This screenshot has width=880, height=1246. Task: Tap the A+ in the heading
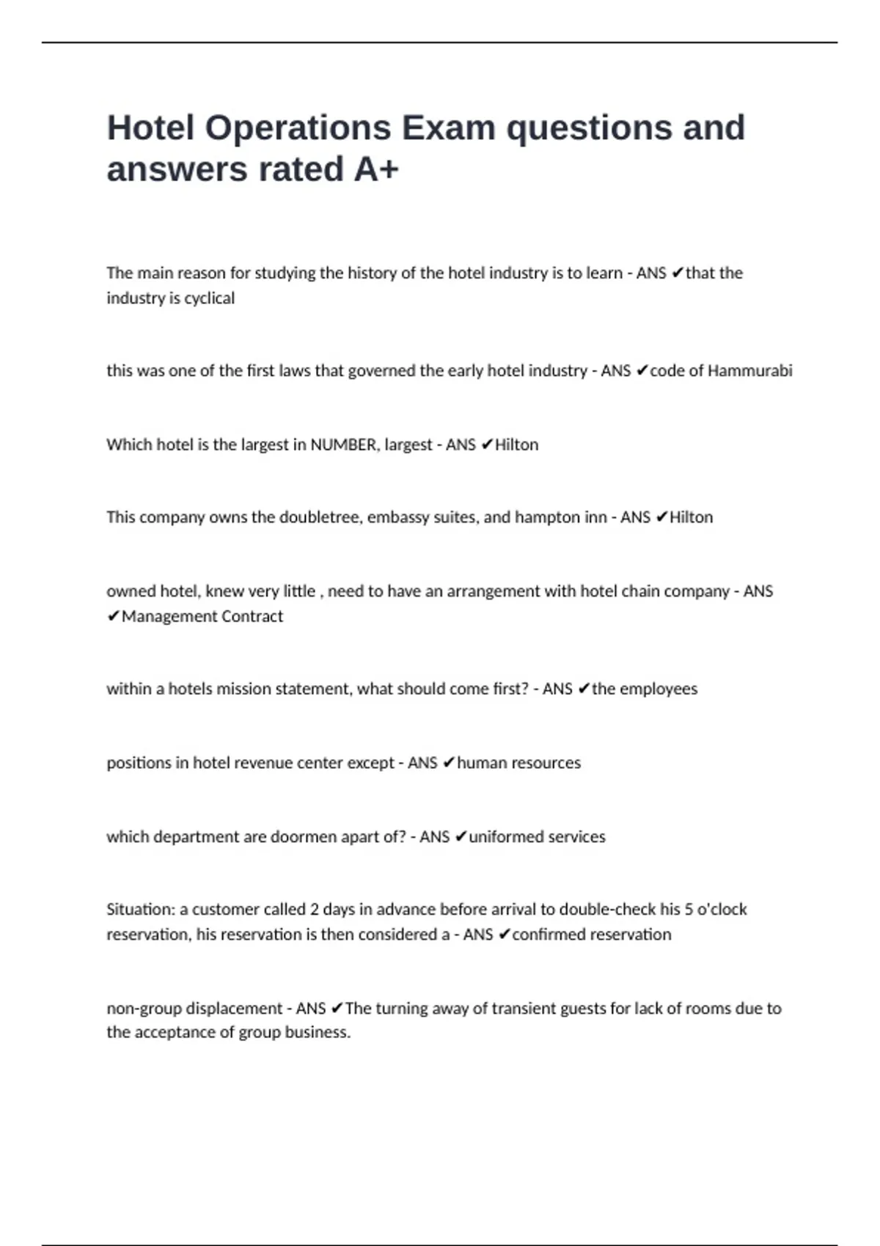pyautogui.click(x=376, y=169)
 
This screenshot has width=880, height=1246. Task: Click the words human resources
pyautogui.click(x=518, y=763)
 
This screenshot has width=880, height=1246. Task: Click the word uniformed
pyautogui.click(x=502, y=837)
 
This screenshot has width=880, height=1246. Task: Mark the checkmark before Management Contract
pyautogui.click(x=113, y=616)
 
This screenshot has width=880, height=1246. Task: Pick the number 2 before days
pyautogui.click(x=314, y=910)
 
